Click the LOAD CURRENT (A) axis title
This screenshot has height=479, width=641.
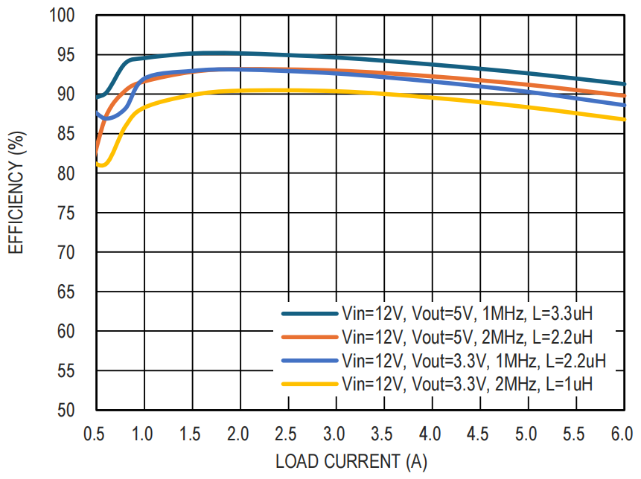(351, 461)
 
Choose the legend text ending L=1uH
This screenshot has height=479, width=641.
(467, 385)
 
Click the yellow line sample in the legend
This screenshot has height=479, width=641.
(308, 384)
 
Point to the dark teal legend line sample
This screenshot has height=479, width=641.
(308, 313)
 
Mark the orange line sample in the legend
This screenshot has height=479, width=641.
(308, 337)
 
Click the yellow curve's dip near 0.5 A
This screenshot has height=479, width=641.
(102, 165)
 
